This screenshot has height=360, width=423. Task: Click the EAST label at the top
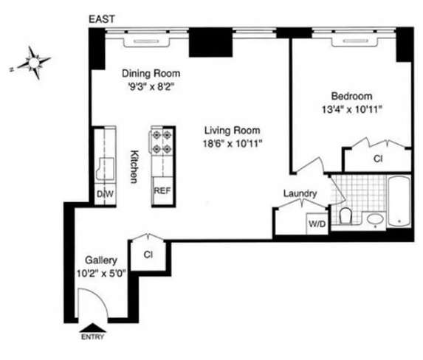click(100, 18)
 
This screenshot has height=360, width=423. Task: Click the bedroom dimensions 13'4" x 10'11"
click(351, 110)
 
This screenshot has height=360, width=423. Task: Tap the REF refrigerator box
click(162, 189)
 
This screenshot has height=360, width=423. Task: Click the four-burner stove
click(162, 142)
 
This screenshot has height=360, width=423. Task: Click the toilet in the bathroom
click(345, 216)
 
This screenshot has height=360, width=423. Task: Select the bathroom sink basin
click(374, 220)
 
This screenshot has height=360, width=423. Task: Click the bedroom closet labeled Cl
click(377, 159)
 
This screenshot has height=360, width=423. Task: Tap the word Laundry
click(300, 194)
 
